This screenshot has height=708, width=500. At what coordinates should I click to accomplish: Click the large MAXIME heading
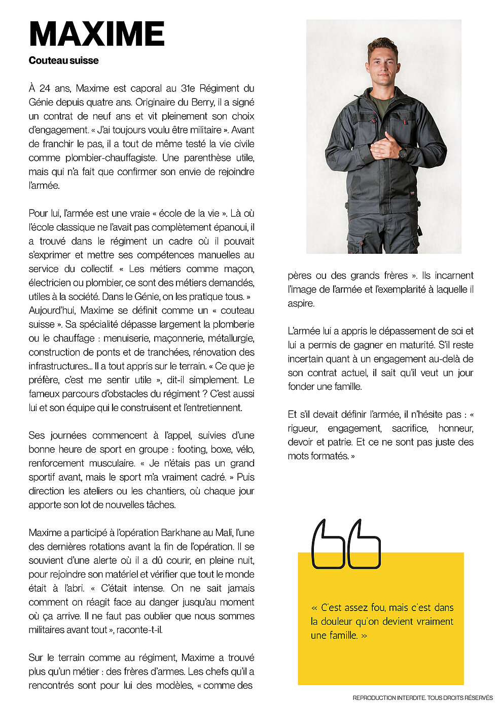96,34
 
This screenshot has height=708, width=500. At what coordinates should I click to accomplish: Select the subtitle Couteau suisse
63,60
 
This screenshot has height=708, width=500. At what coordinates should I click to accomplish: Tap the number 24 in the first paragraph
45,88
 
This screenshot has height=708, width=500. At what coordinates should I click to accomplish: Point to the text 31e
188,88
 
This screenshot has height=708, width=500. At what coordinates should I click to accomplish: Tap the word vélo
244,449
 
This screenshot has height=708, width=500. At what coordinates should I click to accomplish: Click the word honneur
455,428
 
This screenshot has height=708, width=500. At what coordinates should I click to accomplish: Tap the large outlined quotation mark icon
345,544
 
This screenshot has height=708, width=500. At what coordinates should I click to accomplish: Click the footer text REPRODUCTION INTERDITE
389,698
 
